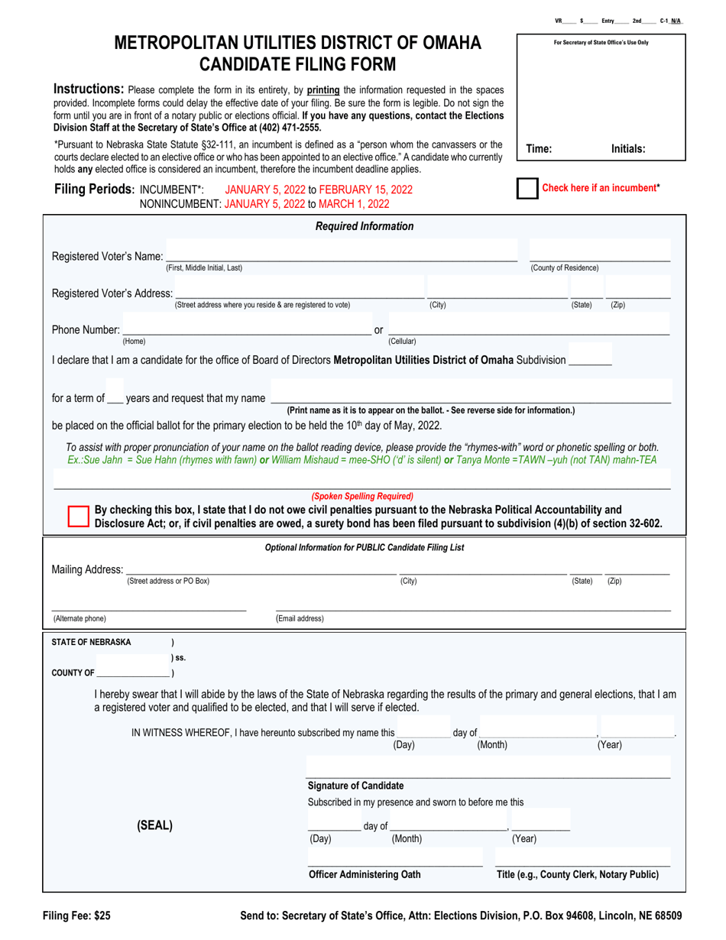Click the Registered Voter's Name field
coord(341,254)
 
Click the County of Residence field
coord(599,254)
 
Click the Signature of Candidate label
coord(355,786)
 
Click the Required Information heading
coord(365,226)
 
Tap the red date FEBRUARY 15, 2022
coord(366,190)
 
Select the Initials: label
coord(628,150)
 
